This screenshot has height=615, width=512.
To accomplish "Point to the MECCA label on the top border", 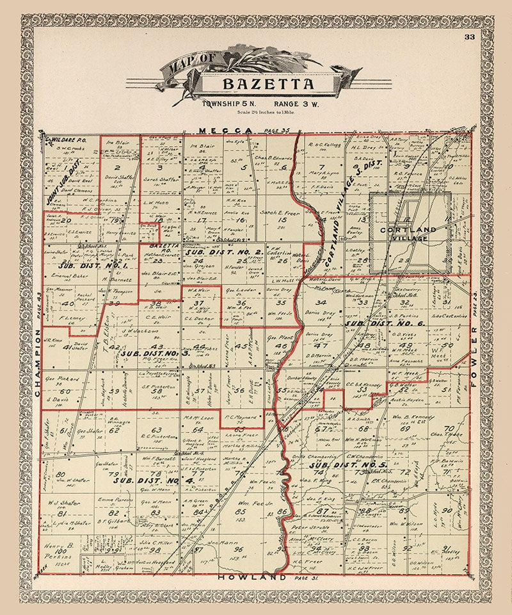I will [x=220, y=131].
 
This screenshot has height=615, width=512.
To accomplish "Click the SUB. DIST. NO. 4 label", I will [x=145, y=479].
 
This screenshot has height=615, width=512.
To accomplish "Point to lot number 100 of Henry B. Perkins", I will [x=61, y=552].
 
